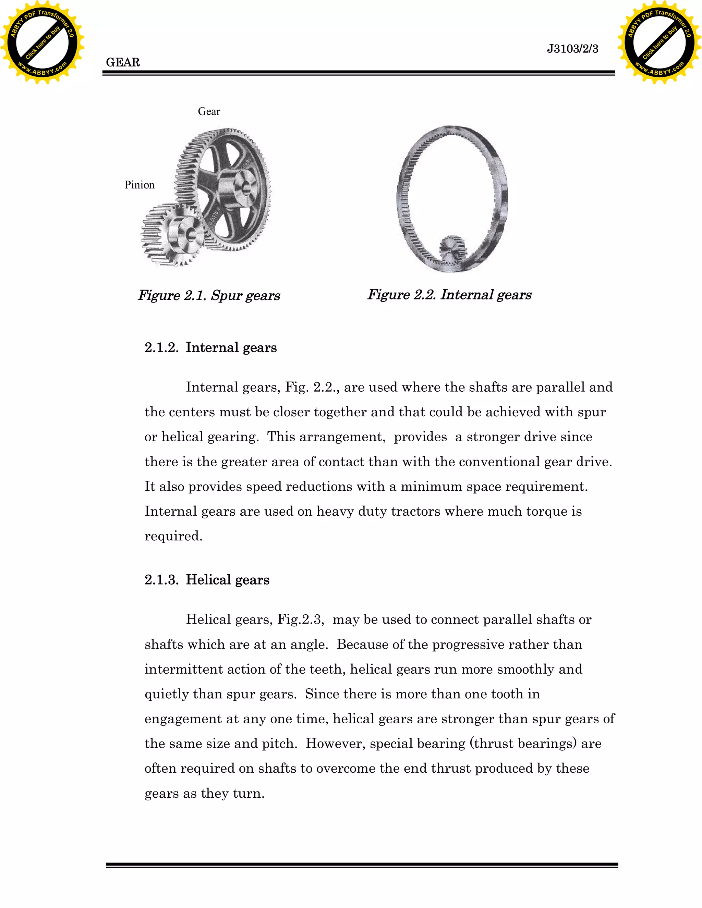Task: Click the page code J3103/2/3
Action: [572, 49]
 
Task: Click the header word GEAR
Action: [123, 62]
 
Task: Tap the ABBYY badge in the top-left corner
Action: [42, 42]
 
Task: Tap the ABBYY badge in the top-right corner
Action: [659, 42]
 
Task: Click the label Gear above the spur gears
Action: [209, 111]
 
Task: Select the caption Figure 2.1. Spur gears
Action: [209, 296]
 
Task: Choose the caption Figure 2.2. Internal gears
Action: [449, 295]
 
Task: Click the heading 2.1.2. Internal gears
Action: [210, 347]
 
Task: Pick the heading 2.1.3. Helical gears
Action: [207, 580]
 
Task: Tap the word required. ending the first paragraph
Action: [173, 536]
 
